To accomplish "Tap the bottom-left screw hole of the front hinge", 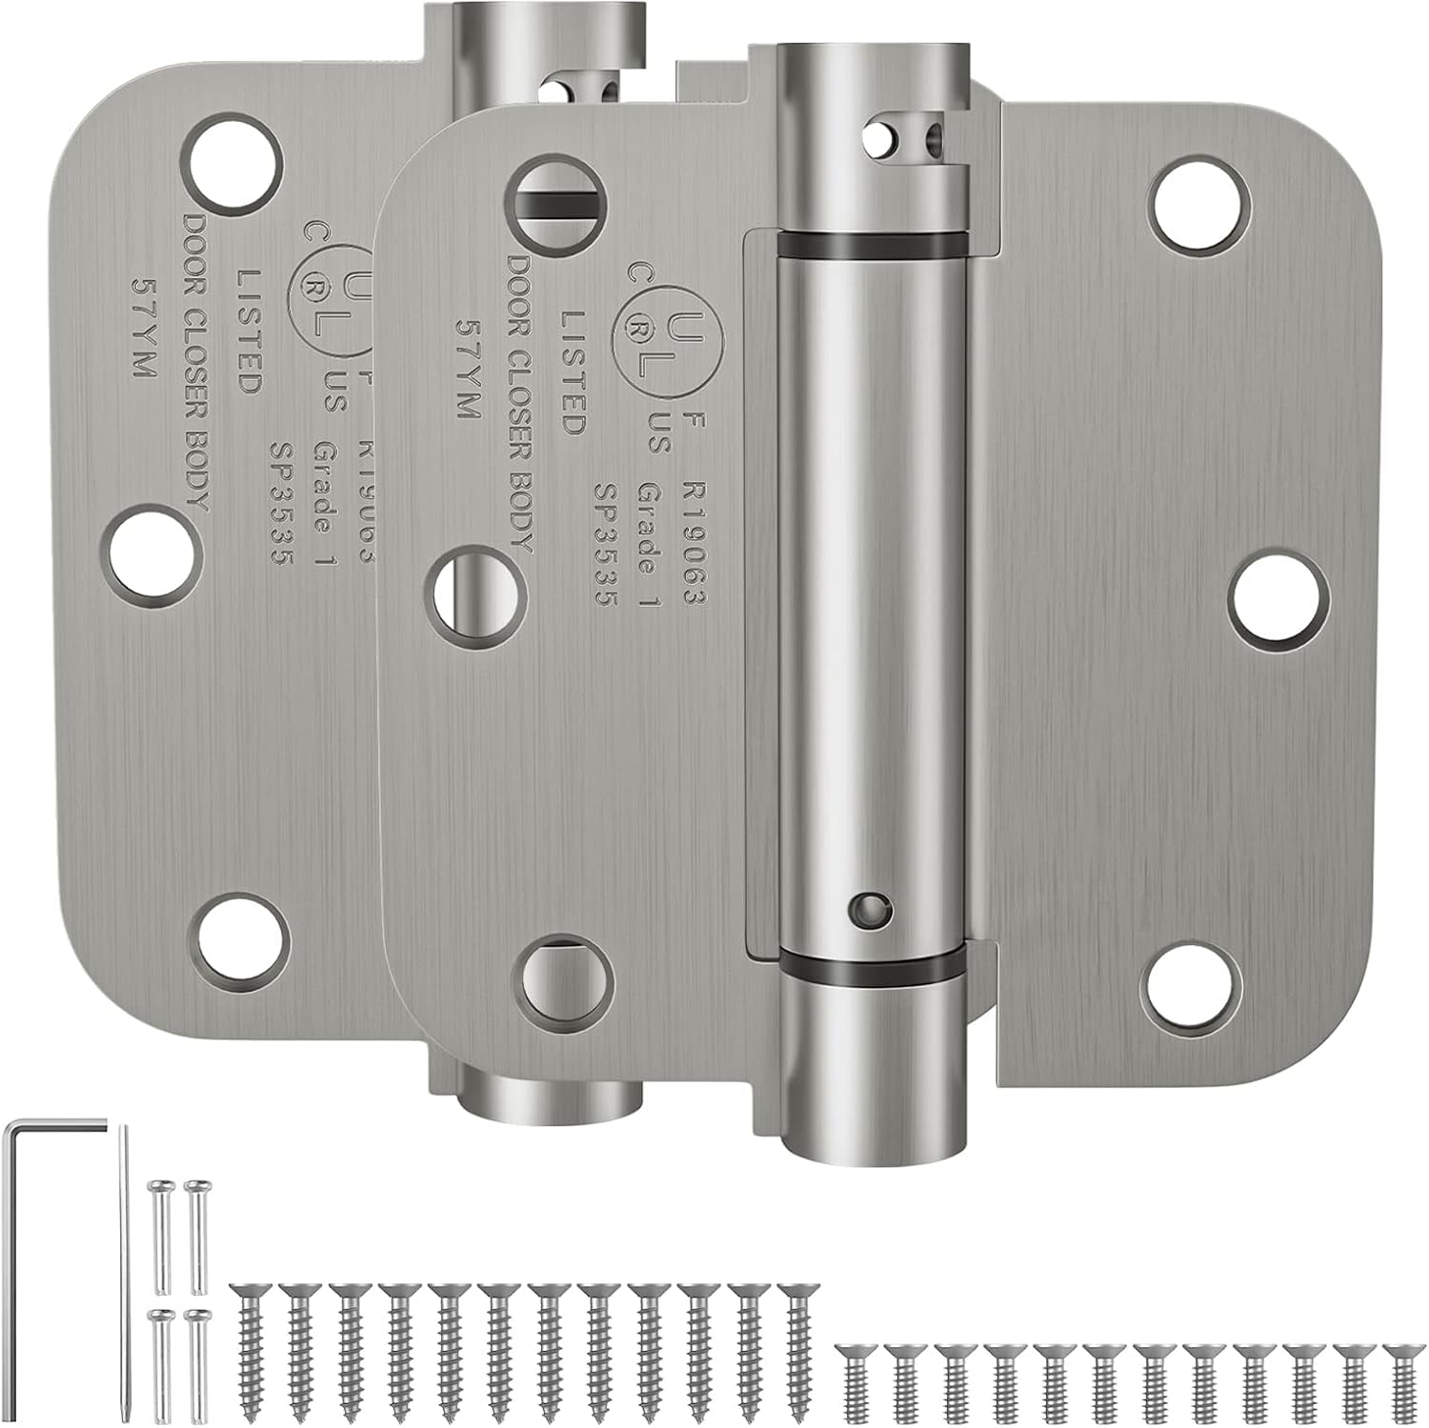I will pyautogui.click(x=561, y=980).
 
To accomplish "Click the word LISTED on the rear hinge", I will pyautogui.click(x=249, y=331).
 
